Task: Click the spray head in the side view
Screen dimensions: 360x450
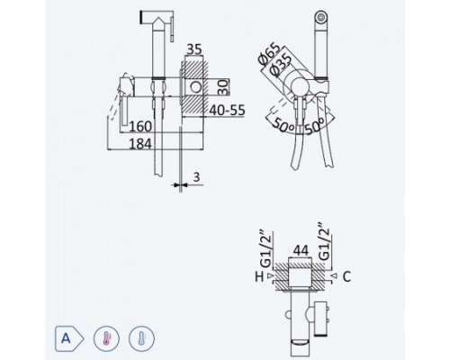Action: (x=157, y=19)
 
